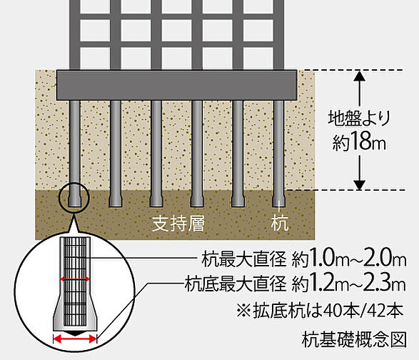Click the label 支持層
pyautogui.click(x=178, y=224)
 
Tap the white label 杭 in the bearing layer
pyautogui.click(x=280, y=223)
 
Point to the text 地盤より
pyautogui.click(x=359, y=118)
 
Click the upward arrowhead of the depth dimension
pyautogui.click(x=360, y=76)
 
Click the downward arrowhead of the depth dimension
pyautogui.click(x=360, y=185)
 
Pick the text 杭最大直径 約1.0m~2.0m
pyautogui.click(x=304, y=259)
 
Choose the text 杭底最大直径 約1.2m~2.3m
pyautogui.click(x=296, y=284)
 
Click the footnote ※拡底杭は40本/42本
pyautogui.click(x=320, y=311)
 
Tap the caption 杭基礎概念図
pyautogui.click(x=354, y=339)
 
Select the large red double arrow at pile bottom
pyautogui.click(x=75, y=339)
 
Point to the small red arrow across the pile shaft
pyautogui.click(x=75, y=279)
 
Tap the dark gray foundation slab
pyautogui.click(x=176, y=85)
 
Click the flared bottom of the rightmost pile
pyautogui.click(x=278, y=201)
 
